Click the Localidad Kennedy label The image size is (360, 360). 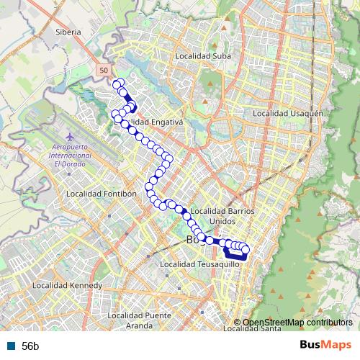pyautogui.click(x=66, y=286)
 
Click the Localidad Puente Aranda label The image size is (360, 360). pyautogui.click(x=139, y=320)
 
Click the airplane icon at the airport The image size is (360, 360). pyautogui.click(x=69, y=136)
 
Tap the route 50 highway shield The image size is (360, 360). pyautogui.click(x=104, y=70)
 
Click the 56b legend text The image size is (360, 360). pyautogui.click(x=30, y=346)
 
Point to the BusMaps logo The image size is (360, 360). pyautogui.click(x=325, y=345)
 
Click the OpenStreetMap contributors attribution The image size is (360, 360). pyautogui.click(x=297, y=322)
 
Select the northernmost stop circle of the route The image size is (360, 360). pyautogui.click(x=116, y=84)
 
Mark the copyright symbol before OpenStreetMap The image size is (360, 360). pyautogui.click(x=238, y=322)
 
